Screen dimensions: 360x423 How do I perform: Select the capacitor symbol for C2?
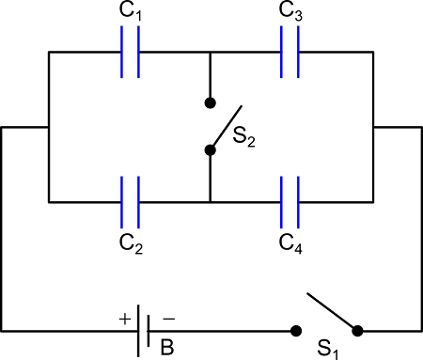tap(130, 201)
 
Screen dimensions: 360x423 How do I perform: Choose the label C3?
tap(290, 13)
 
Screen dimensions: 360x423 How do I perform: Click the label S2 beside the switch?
tap(243, 141)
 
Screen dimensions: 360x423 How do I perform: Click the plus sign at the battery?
tap(125, 319)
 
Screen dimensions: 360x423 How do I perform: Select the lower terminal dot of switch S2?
tap(210, 149)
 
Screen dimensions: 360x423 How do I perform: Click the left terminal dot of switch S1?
tap(295, 331)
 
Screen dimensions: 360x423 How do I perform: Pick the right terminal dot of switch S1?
tap(357, 331)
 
